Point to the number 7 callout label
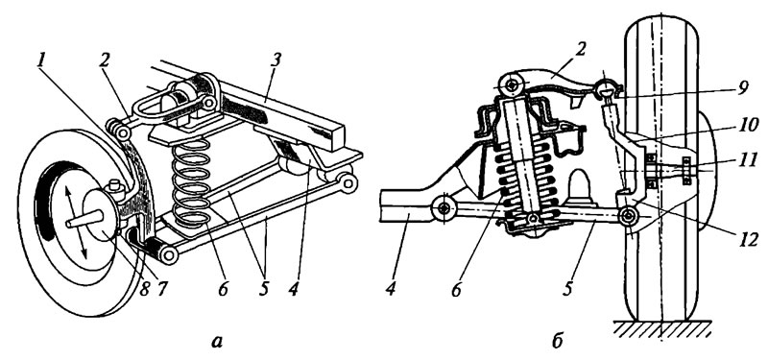point(160,289)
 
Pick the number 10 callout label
point(743,126)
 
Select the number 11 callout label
point(743,160)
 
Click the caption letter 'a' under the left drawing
point(216,342)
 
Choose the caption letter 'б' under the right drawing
point(557,341)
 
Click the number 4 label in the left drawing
point(293,290)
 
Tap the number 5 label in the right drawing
point(566,290)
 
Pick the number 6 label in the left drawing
point(224,290)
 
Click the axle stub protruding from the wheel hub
point(84,219)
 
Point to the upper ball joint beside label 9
point(607,89)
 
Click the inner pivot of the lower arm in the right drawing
point(444,209)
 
